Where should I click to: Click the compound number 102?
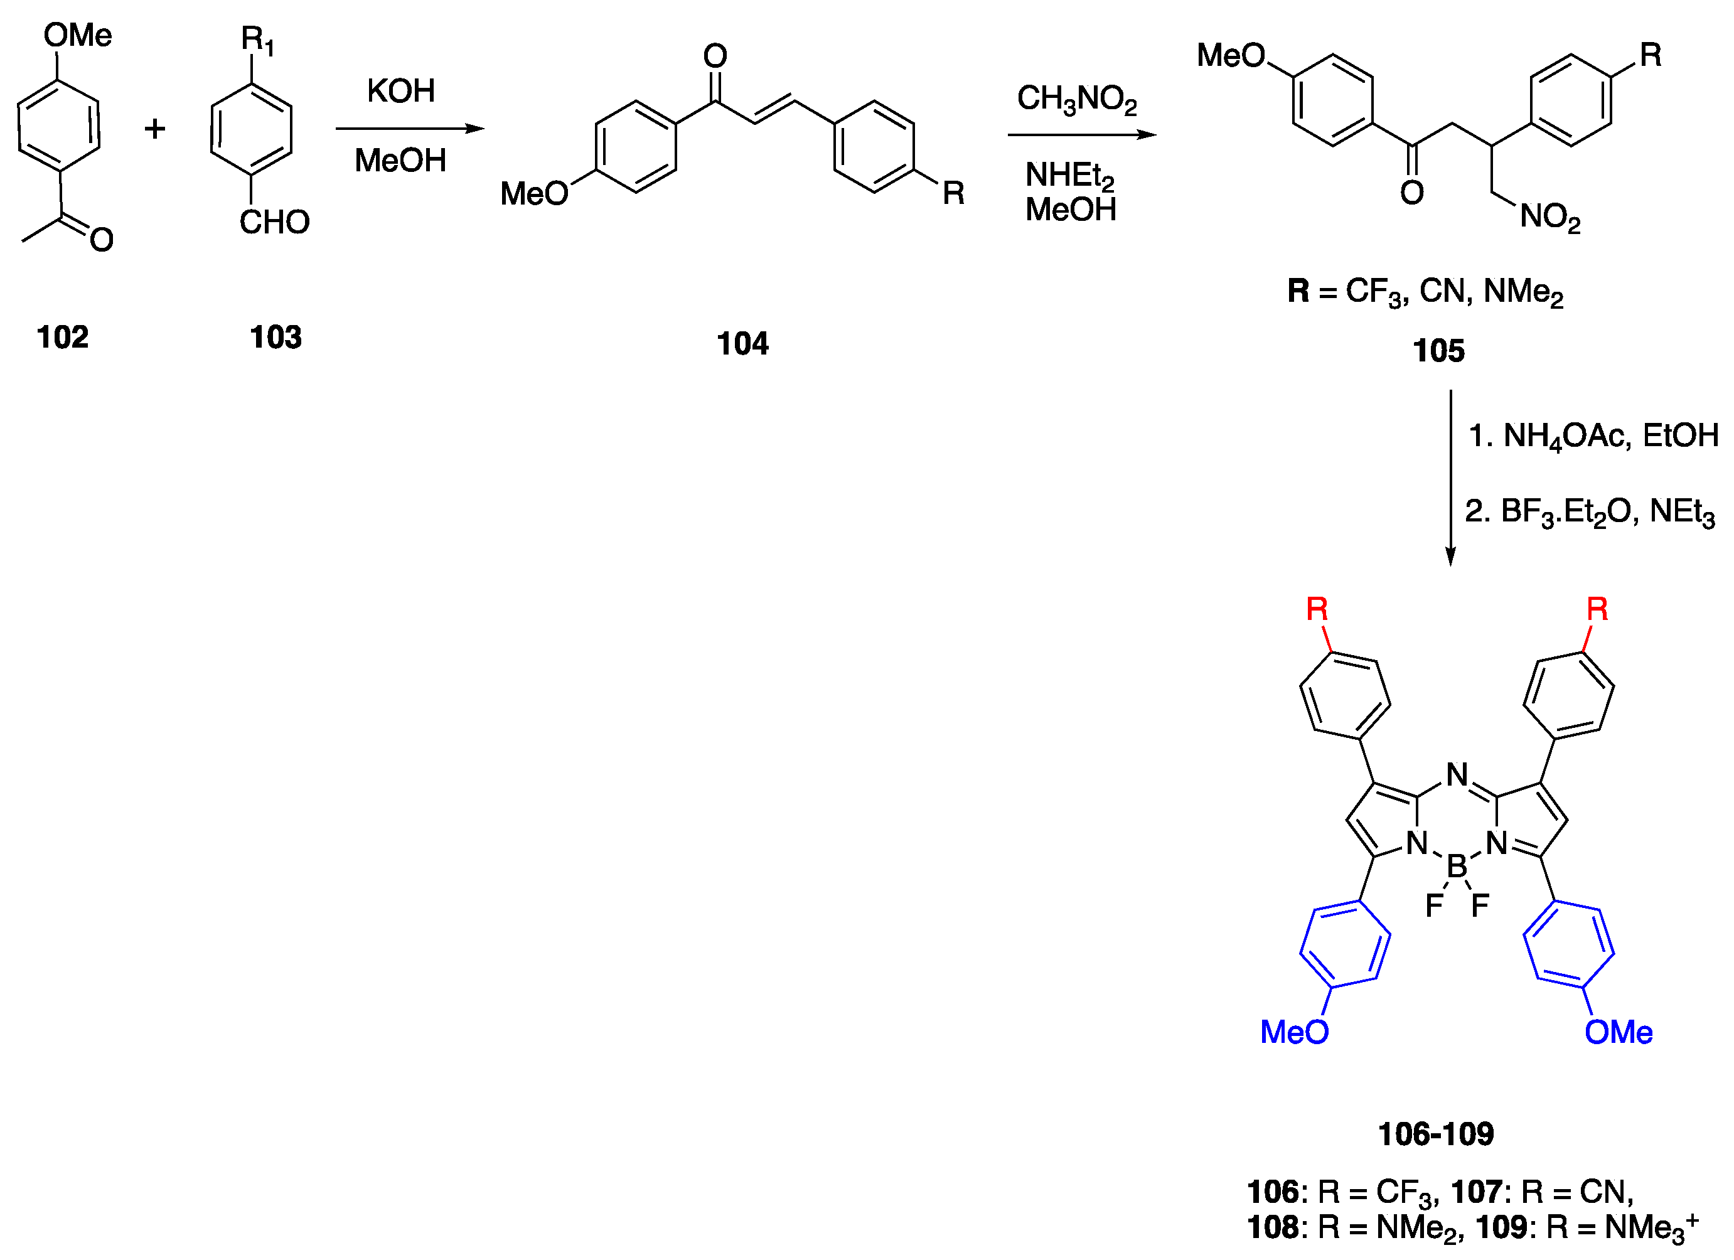coord(63,337)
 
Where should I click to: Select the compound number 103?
coord(276,337)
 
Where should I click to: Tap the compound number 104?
coord(742,343)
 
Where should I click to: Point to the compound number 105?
coord(1438,351)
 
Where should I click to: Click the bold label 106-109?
coord(1435,1134)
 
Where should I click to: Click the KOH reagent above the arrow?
coord(400,91)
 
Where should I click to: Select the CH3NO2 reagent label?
coord(1076,99)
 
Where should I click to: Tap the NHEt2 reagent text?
coord(1069,176)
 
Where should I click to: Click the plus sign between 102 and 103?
coord(155,129)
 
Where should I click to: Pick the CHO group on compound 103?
coord(274,223)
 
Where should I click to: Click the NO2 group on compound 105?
coord(1549,217)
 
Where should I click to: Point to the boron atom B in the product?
coord(1457,866)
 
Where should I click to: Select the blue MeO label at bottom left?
coord(1295,1032)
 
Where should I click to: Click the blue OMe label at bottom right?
coord(1619,1032)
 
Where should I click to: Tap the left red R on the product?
coord(1317,609)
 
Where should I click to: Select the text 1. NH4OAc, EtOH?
coord(1593,437)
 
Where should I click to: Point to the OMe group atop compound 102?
coord(77,35)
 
